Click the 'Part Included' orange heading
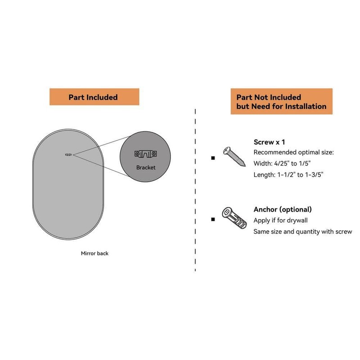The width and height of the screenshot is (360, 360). click(94, 97)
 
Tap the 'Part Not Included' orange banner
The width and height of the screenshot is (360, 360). click(282, 101)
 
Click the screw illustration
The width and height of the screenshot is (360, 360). click(234, 157)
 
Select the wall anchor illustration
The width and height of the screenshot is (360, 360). click(234, 218)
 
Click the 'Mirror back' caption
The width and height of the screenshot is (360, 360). click(94, 253)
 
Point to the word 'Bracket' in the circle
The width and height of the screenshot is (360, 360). click(146, 167)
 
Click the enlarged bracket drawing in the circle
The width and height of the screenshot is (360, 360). click(145, 154)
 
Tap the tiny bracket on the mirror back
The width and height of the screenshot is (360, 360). click(68, 155)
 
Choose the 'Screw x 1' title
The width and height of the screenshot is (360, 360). click(269, 142)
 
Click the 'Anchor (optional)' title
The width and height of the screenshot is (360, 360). click(283, 209)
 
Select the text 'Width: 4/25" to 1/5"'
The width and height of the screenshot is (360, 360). click(282, 163)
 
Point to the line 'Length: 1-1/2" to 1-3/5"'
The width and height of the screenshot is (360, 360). click(288, 175)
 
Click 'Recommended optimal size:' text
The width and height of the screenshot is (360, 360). click(294, 152)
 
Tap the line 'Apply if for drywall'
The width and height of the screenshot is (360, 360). click(280, 220)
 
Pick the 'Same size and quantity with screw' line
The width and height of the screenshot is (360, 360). click(303, 231)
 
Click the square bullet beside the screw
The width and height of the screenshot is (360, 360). click(213, 158)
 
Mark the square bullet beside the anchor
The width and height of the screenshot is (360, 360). click(213, 220)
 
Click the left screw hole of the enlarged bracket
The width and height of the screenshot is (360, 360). click(138, 154)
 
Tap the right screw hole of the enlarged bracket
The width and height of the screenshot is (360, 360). click(154, 154)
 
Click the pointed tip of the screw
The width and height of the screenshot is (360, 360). click(245, 166)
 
